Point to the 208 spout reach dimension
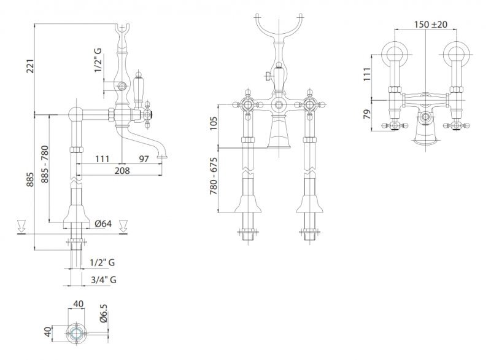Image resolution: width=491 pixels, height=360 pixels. [122, 171]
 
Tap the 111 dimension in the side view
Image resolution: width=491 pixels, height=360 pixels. [102, 159]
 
